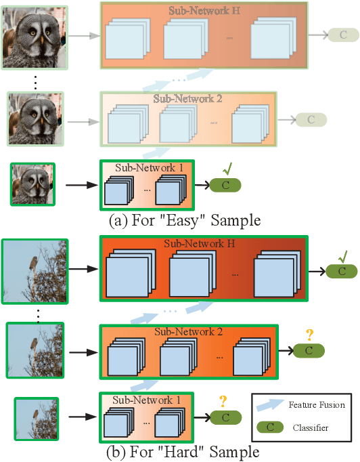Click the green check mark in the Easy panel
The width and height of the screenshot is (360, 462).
tap(228, 167)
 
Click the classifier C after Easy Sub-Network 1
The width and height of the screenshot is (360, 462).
tap(225, 184)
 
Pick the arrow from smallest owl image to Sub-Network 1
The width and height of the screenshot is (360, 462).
tap(78, 184)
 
